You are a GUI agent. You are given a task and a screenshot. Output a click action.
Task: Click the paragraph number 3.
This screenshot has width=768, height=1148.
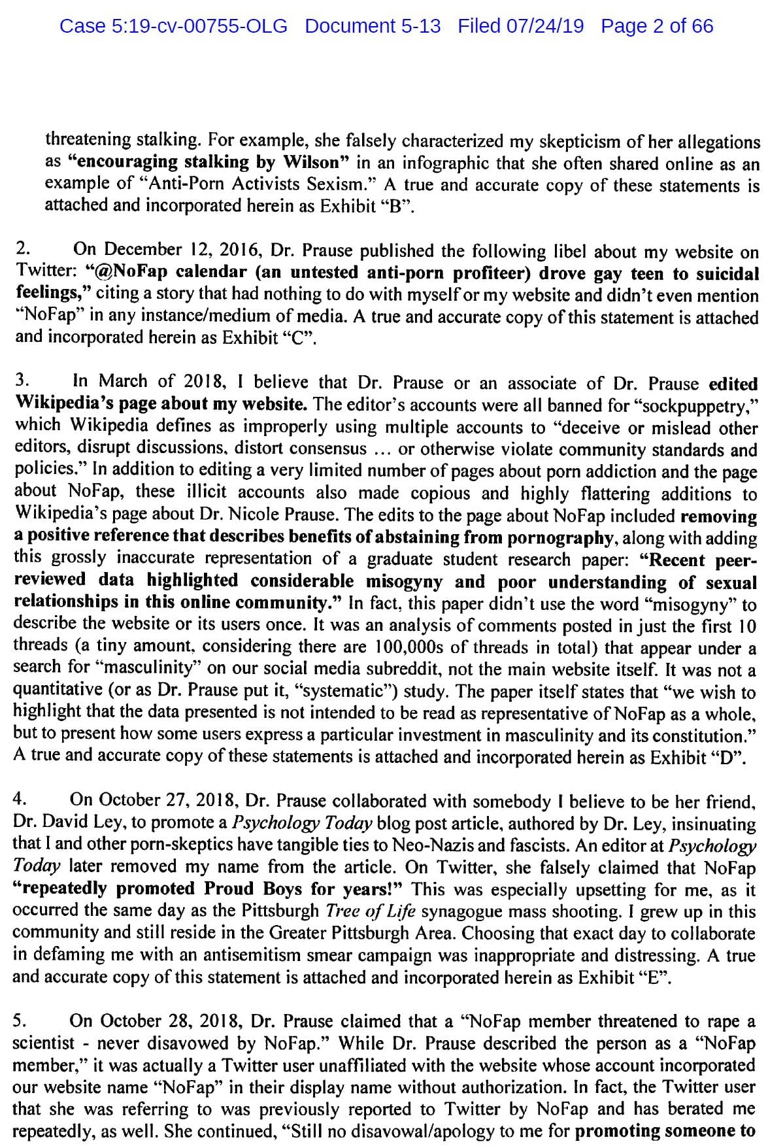click(x=22, y=380)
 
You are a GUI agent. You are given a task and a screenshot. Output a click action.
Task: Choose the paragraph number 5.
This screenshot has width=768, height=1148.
click(x=20, y=1021)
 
